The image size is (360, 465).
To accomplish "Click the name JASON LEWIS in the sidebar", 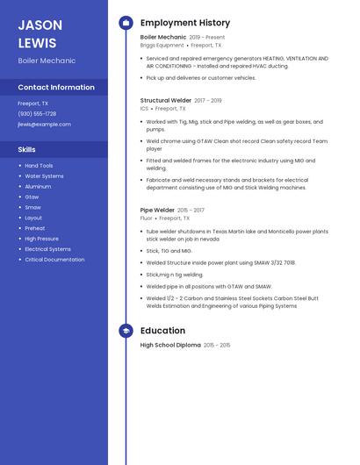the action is [x=40, y=33].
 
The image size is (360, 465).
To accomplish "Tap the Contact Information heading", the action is [x=56, y=87].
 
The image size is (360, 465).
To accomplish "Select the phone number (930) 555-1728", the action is [x=37, y=113].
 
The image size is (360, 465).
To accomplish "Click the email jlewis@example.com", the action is [x=44, y=124].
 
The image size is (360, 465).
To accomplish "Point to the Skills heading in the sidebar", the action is [x=27, y=149].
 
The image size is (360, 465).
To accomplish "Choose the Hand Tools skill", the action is [x=39, y=165].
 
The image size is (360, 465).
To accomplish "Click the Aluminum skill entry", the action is [x=38, y=186].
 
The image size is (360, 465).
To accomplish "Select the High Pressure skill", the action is [x=41, y=239].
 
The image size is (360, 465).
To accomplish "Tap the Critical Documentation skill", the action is [x=54, y=260].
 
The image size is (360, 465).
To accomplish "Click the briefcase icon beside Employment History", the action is [x=126, y=23].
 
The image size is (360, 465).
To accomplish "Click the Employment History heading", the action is [x=185, y=23].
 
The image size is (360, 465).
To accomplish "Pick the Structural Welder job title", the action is [x=165, y=101].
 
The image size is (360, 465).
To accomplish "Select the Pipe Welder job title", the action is [x=157, y=211].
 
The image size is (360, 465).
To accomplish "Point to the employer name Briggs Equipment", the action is [x=162, y=45].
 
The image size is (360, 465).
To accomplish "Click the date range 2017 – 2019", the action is [x=208, y=101].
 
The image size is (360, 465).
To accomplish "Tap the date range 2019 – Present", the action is [x=207, y=38].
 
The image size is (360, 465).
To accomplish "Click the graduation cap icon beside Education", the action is [x=126, y=331].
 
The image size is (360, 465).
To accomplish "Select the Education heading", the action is [x=162, y=331].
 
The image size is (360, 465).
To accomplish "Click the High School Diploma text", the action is [x=170, y=346].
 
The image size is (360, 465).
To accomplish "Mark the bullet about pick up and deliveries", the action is [x=201, y=77].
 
